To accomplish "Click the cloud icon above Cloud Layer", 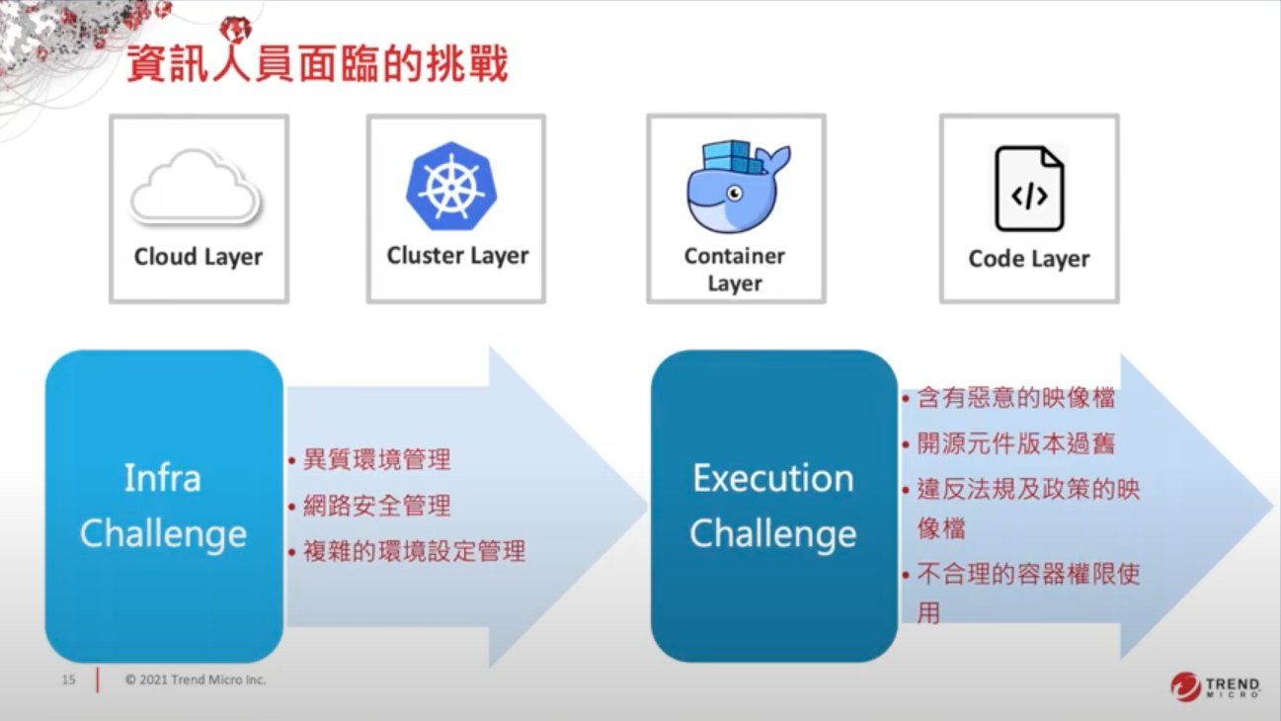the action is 196,187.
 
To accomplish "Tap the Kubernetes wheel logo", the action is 451,186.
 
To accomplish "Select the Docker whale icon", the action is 738,187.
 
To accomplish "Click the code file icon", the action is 1029,189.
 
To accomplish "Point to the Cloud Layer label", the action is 199,257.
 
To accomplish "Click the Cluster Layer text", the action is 457,256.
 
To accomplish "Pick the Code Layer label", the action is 1029,259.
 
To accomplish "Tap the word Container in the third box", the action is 735,256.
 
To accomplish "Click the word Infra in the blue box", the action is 163,478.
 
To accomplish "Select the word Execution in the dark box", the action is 773,478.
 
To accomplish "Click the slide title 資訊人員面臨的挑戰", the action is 317,63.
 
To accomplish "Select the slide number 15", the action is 68,680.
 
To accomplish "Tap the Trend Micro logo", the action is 1215,686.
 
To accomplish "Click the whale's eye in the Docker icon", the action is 735,194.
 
